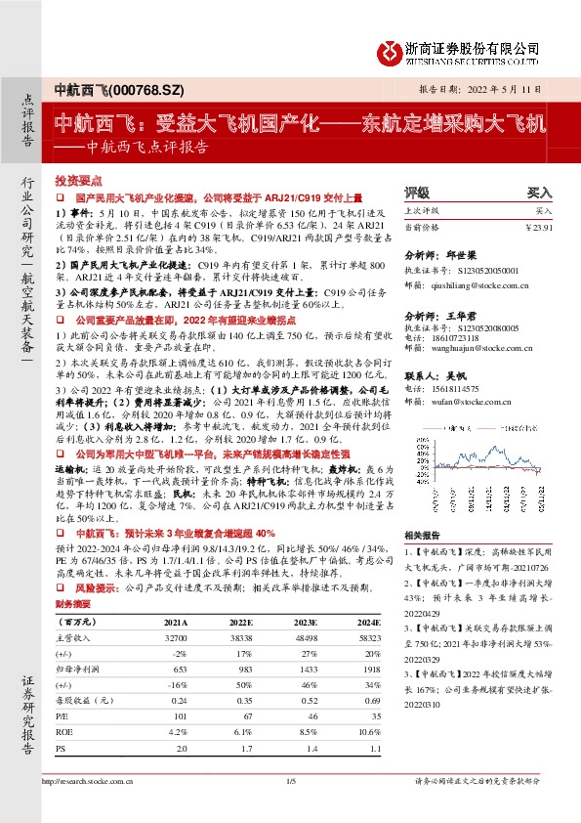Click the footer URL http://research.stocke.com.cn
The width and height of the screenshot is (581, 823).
click(x=96, y=781)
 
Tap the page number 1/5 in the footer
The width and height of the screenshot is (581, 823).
click(x=290, y=781)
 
